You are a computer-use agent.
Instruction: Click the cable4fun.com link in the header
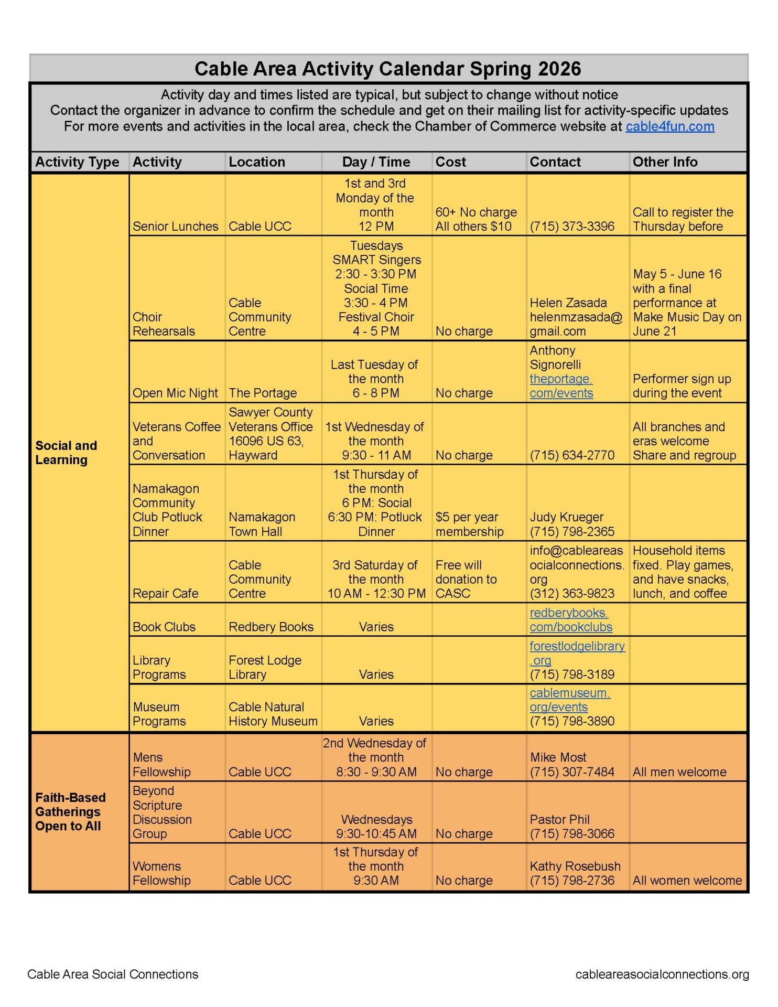tap(669, 126)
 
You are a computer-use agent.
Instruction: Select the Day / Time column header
tap(376, 162)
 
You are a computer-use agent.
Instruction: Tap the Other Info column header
tap(665, 162)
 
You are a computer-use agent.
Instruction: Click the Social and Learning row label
tap(66, 452)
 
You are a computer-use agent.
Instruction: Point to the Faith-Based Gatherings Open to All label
tap(70, 811)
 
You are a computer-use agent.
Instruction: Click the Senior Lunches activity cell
tap(175, 226)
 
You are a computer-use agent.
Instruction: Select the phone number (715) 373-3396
tap(572, 226)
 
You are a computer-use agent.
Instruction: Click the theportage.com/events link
tap(561, 386)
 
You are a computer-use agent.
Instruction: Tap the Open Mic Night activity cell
tap(175, 393)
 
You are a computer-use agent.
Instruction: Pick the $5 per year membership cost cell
tap(469, 524)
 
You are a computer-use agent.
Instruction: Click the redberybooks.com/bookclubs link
tap(570, 620)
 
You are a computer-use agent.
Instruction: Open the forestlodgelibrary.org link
tap(577, 653)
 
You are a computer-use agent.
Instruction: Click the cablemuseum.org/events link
tap(569, 700)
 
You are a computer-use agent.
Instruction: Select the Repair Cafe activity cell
tap(165, 593)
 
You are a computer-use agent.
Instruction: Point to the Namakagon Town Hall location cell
tap(262, 524)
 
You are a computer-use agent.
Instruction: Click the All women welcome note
tap(687, 880)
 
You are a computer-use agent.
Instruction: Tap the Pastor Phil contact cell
tap(571, 826)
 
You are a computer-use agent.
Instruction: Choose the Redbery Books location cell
tap(271, 627)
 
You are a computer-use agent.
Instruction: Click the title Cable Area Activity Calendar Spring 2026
tap(388, 69)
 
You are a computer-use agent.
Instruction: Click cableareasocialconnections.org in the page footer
tap(662, 974)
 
